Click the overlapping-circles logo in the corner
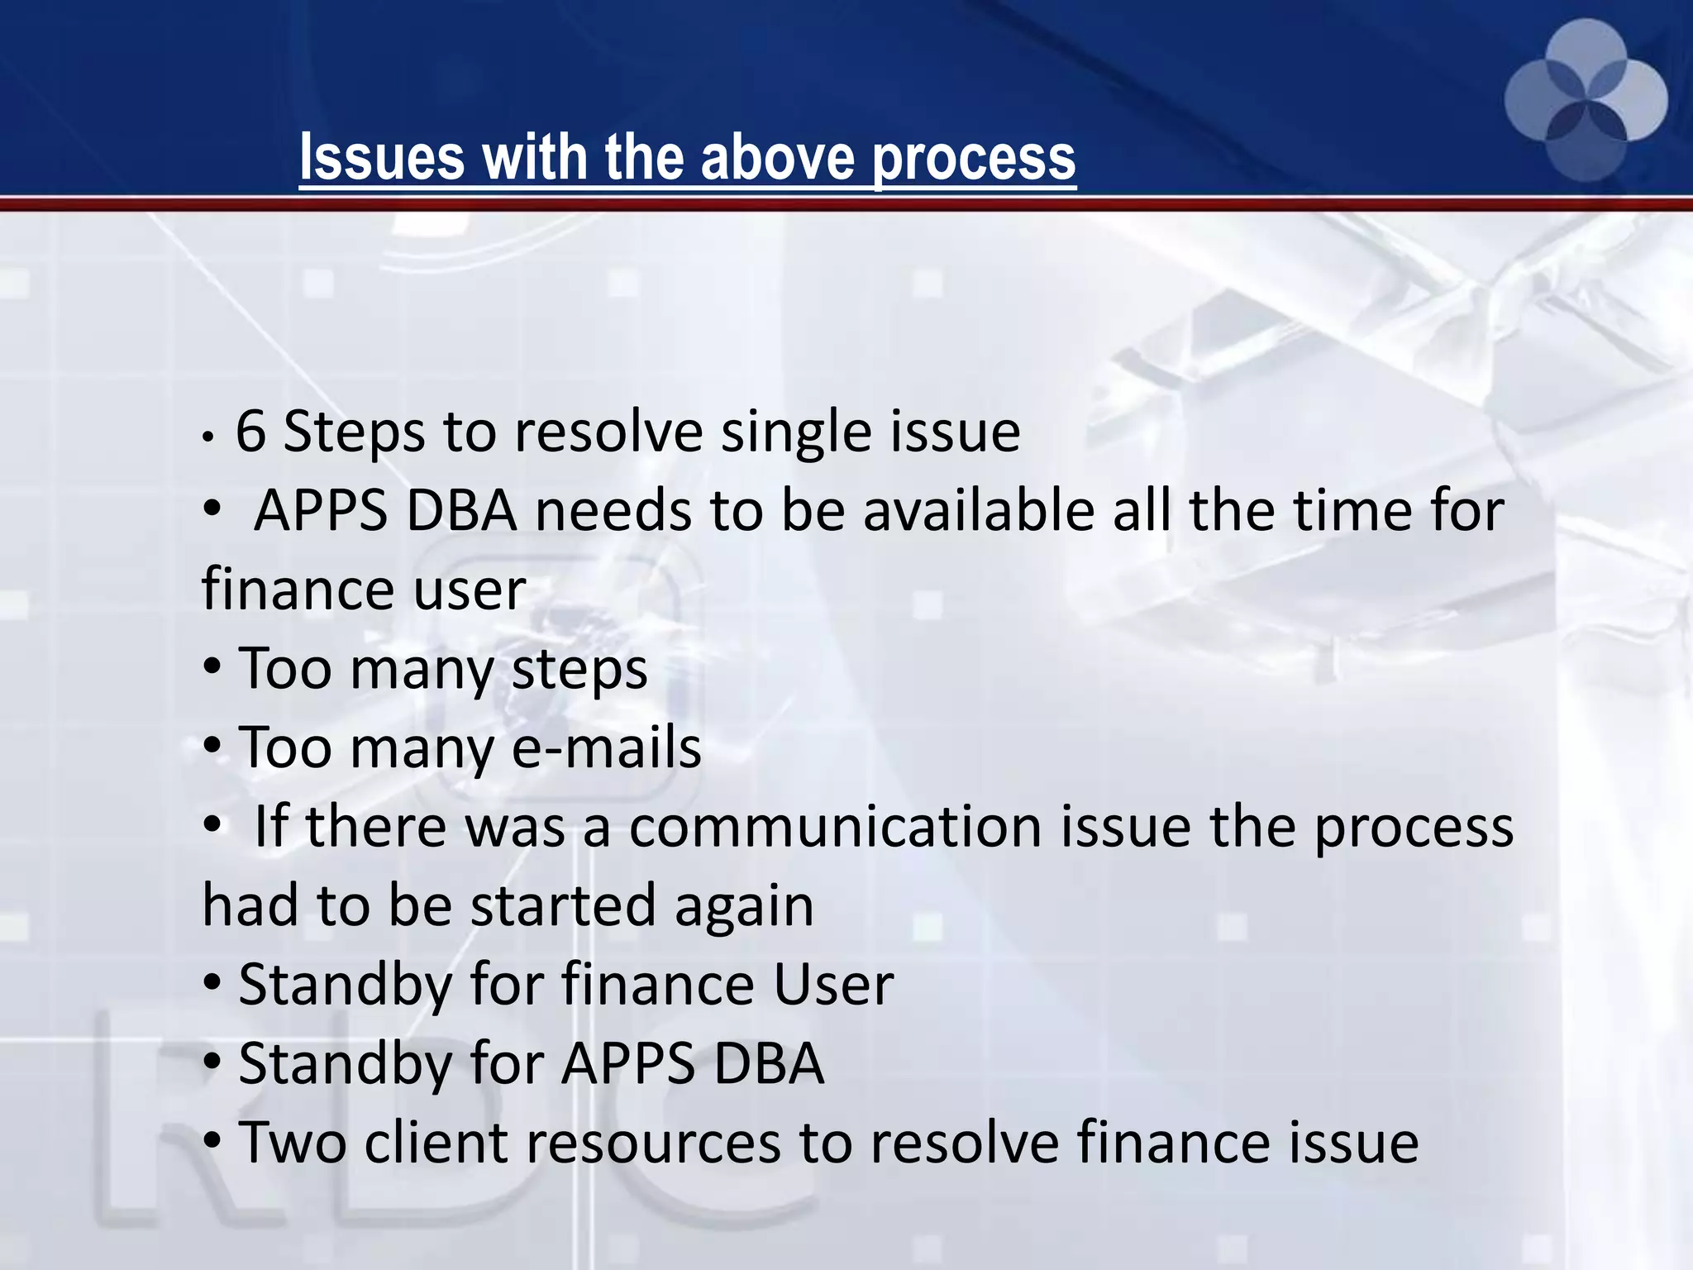click(1586, 101)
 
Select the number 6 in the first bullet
click(250, 432)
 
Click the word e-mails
click(607, 747)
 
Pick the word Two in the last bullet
click(292, 1143)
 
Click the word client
click(435, 1143)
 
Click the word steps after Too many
click(579, 670)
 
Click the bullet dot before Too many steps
click(212, 666)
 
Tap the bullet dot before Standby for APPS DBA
click(212, 1062)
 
